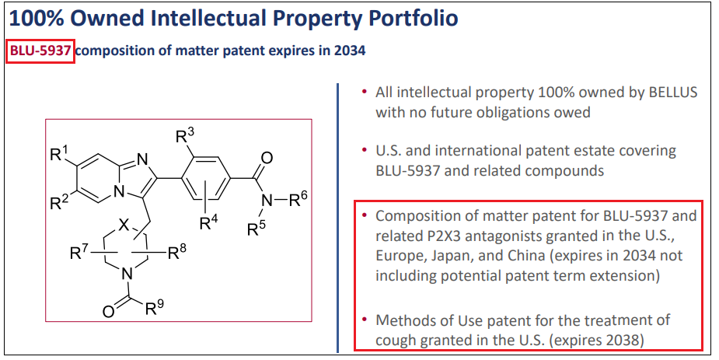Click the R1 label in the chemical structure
click(59, 152)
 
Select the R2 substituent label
click(59, 204)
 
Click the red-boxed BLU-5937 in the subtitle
click(40, 51)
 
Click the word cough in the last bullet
click(396, 340)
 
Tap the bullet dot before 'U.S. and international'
click(364, 150)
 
